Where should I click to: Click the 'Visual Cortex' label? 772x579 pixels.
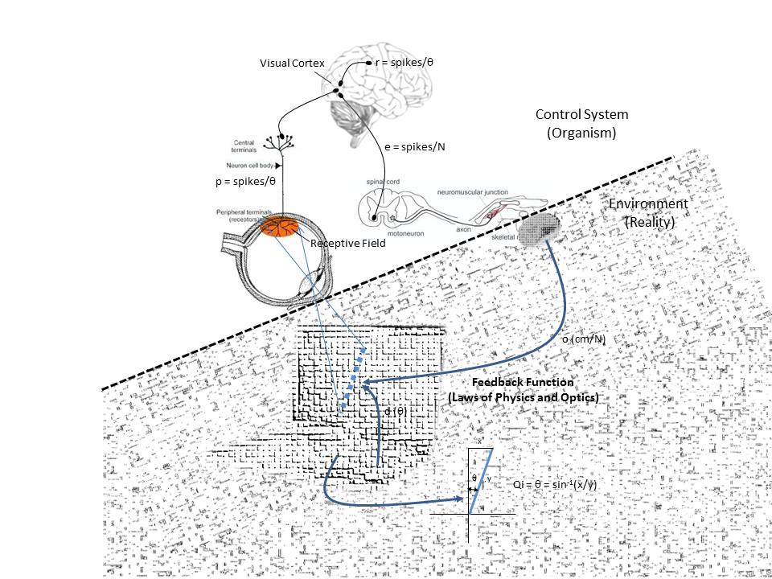[288, 63]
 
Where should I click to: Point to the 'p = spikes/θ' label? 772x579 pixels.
[245, 182]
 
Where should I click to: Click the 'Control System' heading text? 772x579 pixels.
[581, 115]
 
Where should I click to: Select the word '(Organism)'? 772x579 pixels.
[581, 133]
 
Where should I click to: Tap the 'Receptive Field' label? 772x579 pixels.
[343, 243]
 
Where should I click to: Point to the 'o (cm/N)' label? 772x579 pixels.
[583, 339]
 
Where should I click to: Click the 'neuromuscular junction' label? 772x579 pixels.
[474, 193]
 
